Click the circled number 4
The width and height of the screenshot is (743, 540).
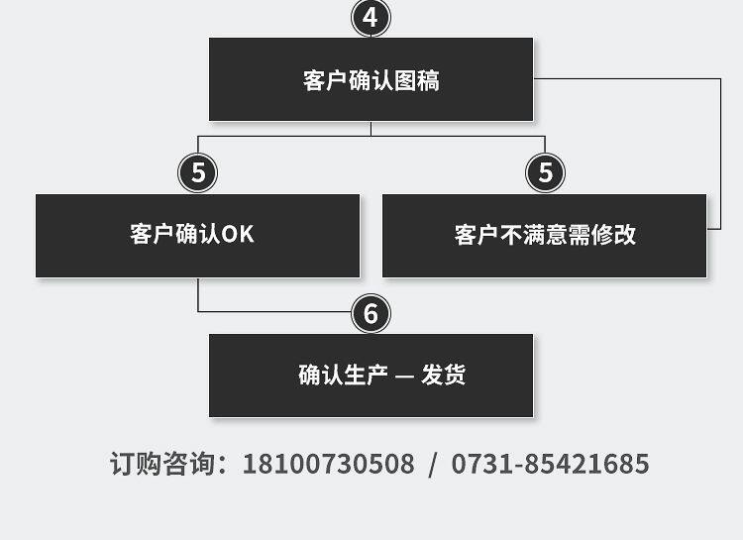pyautogui.click(x=371, y=18)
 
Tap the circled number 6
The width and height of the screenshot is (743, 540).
pyautogui.click(x=371, y=314)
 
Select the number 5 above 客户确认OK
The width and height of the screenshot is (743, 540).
pyautogui.click(x=198, y=173)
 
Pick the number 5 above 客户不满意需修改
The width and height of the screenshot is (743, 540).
pyautogui.click(x=545, y=173)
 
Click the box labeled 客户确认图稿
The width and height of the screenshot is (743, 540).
pyautogui.click(x=371, y=80)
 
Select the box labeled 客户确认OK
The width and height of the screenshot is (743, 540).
pyautogui.click(x=197, y=235)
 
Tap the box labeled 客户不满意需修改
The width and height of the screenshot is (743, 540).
pyautogui.click(x=544, y=235)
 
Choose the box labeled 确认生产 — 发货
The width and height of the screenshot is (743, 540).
pyautogui.click(x=371, y=376)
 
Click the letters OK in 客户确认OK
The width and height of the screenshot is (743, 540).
pyautogui.click(x=238, y=235)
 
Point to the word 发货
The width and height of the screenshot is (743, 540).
pyautogui.click(x=443, y=376)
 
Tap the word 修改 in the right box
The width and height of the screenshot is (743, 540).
pyautogui.click(x=613, y=235)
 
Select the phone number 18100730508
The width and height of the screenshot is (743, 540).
pyautogui.click(x=328, y=464)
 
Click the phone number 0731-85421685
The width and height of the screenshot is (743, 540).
pyautogui.click(x=550, y=464)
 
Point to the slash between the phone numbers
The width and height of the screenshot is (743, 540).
pyautogui.click(x=432, y=464)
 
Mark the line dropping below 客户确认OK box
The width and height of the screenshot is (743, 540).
pyautogui.click(x=198, y=295)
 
